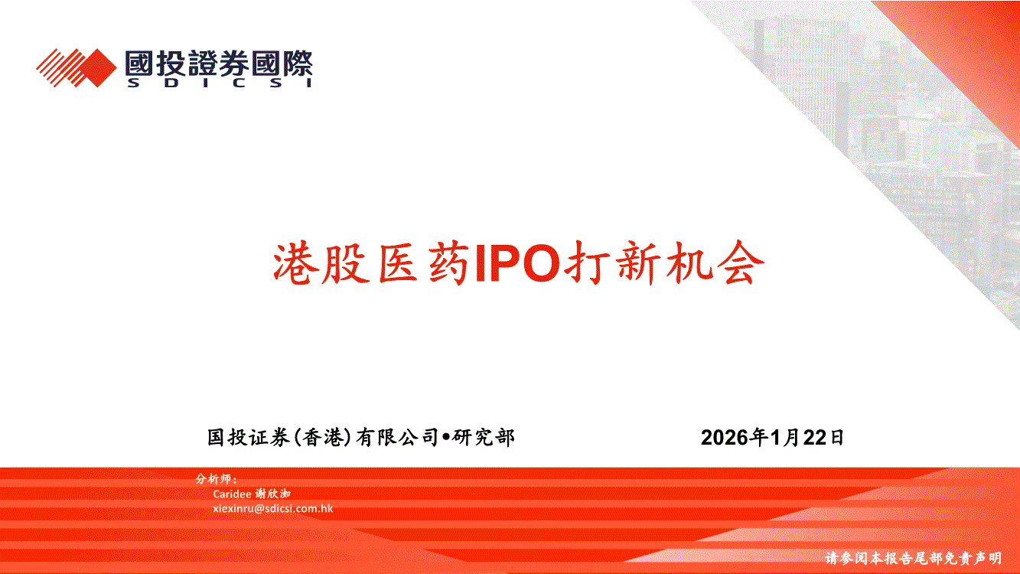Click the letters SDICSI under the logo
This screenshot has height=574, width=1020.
[x=220, y=83]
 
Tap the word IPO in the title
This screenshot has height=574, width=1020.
[x=517, y=263]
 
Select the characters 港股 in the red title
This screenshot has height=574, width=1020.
[x=321, y=263]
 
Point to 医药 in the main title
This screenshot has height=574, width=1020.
[x=424, y=263]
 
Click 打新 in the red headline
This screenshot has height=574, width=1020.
[x=612, y=263]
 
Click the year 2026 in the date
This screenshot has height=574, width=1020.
[x=725, y=437]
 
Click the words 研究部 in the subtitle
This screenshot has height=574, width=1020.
[x=483, y=437]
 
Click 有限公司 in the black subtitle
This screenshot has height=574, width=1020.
[x=397, y=437]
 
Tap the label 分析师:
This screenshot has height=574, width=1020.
[x=217, y=479]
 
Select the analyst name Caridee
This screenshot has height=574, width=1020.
[x=232, y=494]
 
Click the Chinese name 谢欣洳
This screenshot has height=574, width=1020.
[x=272, y=494]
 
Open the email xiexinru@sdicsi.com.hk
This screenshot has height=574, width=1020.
[x=272, y=508]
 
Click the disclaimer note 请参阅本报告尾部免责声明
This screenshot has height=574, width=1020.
[x=914, y=558]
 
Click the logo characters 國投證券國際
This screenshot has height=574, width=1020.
[x=220, y=63]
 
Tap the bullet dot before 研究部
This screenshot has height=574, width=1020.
[x=445, y=437]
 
